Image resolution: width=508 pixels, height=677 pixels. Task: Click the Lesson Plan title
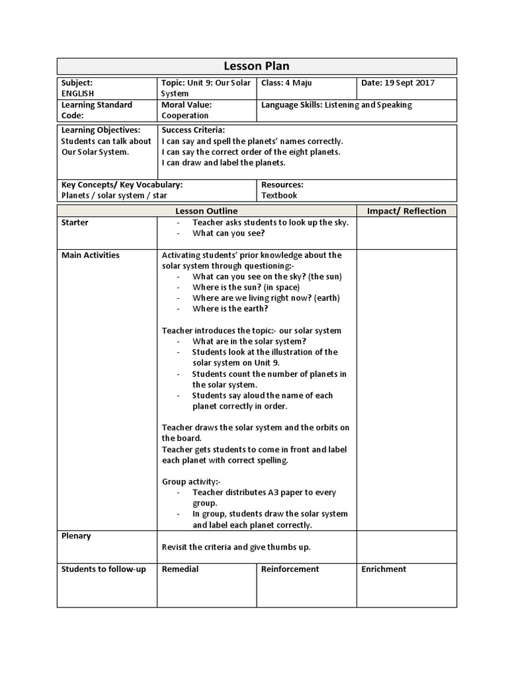click(257, 66)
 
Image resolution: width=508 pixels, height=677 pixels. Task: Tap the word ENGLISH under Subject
click(78, 94)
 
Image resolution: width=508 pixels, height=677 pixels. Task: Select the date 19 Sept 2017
click(413, 83)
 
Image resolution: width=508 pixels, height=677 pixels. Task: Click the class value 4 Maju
click(299, 83)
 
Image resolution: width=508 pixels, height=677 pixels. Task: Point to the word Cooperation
click(185, 116)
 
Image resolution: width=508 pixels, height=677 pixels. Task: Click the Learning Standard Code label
click(97, 110)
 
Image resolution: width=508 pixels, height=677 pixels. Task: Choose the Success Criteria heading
click(193, 130)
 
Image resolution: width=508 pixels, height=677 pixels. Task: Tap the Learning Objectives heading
click(101, 130)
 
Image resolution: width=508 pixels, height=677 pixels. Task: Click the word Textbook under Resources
click(279, 196)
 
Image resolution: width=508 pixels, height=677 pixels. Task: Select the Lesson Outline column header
click(206, 211)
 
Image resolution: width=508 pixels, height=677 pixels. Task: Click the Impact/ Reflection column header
click(406, 211)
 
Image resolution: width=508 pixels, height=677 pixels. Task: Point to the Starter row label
click(75, 223)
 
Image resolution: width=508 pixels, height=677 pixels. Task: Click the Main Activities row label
click(91, 255)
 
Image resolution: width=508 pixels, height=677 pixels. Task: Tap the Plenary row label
click(76, 536)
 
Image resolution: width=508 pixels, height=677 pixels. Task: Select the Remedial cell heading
click(180, 569)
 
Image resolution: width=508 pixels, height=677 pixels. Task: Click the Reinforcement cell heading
click(290, 569)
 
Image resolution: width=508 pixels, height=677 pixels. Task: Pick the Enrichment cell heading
click(384, 569)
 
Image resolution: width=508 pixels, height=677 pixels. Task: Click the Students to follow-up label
click(103, 569)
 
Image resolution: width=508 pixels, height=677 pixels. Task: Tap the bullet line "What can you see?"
click(228, 233)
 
